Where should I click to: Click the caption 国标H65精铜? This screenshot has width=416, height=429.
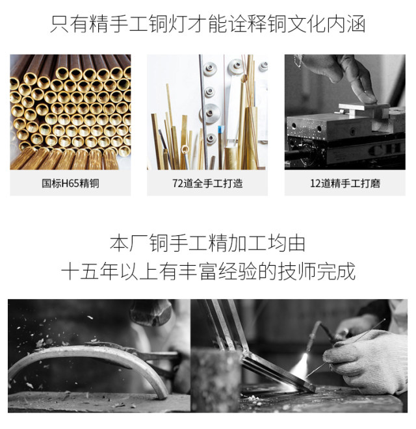70,183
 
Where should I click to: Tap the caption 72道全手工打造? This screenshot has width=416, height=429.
207,183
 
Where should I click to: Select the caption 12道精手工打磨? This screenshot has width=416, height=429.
345,183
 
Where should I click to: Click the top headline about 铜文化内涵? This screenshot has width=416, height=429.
208,24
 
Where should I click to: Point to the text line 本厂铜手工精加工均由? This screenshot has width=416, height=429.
208,243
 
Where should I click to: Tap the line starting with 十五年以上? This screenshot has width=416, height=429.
208,271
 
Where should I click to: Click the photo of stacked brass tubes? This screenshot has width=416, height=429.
70,112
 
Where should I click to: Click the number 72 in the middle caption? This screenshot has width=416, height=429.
177,183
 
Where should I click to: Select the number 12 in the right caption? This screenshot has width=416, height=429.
315,183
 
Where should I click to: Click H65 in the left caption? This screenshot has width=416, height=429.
70,183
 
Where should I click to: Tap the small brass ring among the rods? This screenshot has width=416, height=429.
185,149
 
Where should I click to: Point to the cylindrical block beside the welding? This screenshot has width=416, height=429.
216,380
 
